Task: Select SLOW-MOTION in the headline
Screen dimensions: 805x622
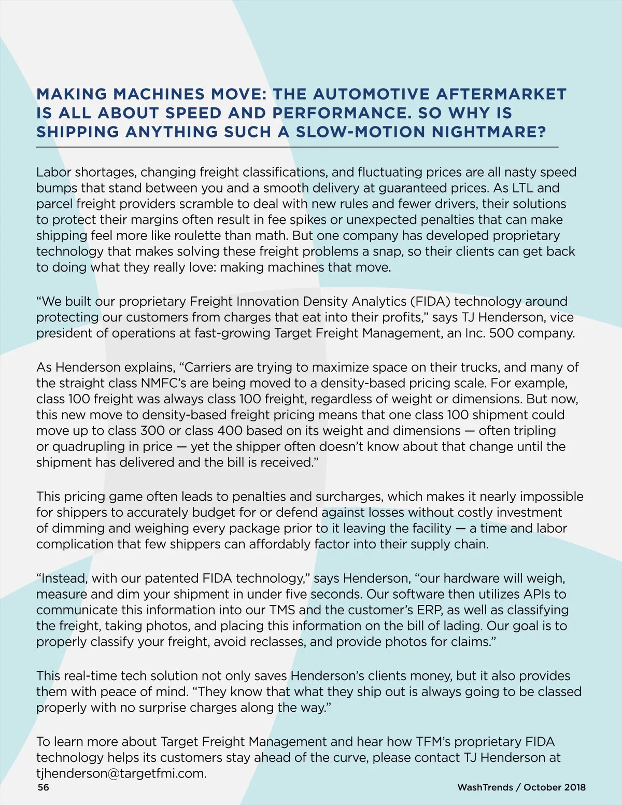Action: coord(360,132)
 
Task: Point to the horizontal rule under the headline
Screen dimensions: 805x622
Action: coord(297,147)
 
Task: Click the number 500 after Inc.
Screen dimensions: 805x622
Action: coord(501,333)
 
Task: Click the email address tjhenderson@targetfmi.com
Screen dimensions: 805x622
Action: coord(121,774)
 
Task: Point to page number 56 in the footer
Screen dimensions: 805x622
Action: coord(44,787)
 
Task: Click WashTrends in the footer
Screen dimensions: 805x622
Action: coord(485,787)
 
